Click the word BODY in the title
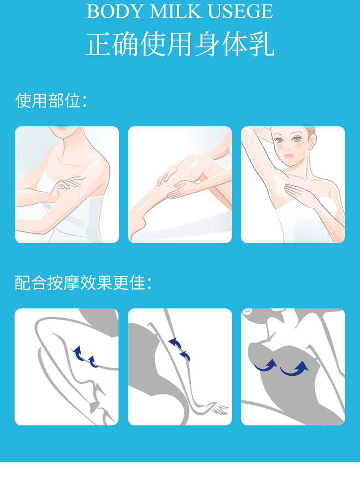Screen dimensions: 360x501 116,11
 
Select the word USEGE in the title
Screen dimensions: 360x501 241,11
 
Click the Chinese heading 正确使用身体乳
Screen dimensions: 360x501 180,44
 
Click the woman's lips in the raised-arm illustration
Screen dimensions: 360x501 289,156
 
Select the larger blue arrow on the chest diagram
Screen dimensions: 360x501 294,368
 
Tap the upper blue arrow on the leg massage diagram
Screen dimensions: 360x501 175,343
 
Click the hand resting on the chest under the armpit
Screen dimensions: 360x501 299,193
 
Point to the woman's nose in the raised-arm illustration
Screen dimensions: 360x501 286,148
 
